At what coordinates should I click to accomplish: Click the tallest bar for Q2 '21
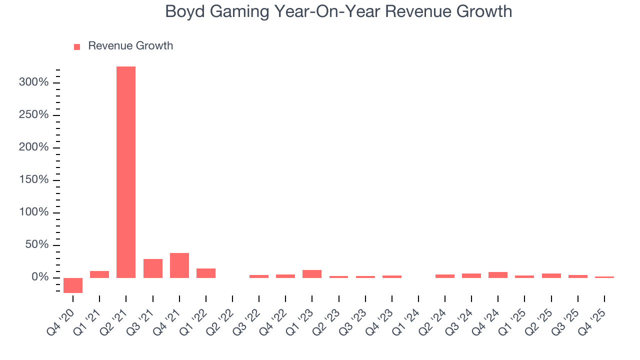click(x=126, y=172)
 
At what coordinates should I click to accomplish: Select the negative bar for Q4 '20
click(x=73, y=285)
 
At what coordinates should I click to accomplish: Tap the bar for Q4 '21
click(x=179, y=265)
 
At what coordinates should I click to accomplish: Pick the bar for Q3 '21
click(x=153, y=268)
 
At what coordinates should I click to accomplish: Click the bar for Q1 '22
click(x=206, y=273)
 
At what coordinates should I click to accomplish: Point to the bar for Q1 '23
click(x=312, y=274)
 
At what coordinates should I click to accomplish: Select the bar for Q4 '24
click(x=498, y=275)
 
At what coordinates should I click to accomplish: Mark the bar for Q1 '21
click(x=99, y=274)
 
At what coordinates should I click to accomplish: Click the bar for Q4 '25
click(x=604, y=277)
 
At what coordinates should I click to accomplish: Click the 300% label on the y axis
click(x=33, y=82)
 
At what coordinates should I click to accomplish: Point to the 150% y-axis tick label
click(x=33, y=180)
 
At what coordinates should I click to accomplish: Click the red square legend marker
click(x=77, y=47)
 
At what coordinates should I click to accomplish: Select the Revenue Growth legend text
click(x=130, y=46)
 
